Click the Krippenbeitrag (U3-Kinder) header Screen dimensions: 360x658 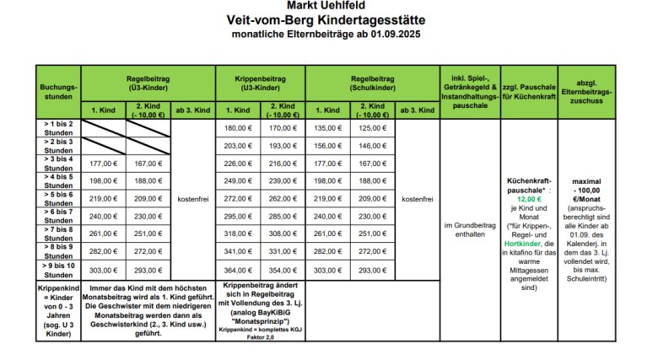pos(261,81)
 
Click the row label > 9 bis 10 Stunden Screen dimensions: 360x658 pos(58,270)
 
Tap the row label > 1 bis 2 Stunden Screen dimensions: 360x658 pos(58,128)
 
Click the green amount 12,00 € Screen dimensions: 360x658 pos(529,199)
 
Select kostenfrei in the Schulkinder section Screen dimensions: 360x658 pos(415,199)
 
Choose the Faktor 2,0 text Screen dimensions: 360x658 pos(260,336)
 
